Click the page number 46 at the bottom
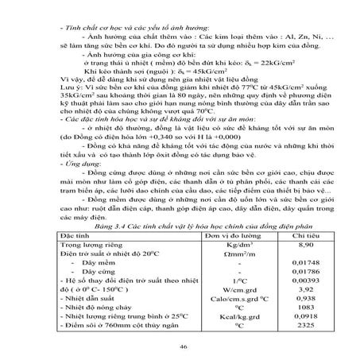184,346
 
